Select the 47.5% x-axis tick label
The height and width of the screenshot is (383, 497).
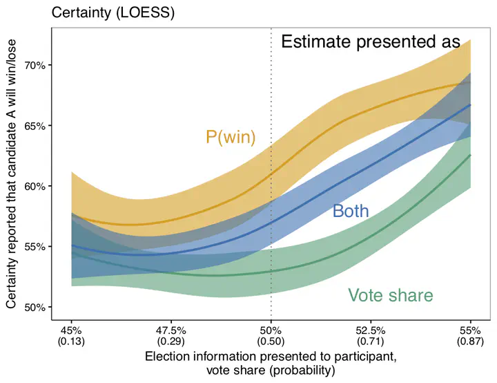pyautogui.click(x=170, y=330)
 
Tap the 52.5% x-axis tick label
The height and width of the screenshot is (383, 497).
pyautogui.click(x=371, y=330)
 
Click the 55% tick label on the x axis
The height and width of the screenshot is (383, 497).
pyautogui.click(x=471, y=330)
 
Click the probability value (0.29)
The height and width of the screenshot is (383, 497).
pyautogui.click(x=170, y=341)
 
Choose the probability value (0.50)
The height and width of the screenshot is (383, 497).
pyautogui.click(x=271, y=341)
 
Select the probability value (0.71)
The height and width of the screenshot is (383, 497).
pyautogui.click(x=371, y=341)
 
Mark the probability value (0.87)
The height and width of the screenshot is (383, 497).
pyautogui.click(x=471, y=341)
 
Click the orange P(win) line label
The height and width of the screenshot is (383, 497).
pyautogui.click(x=231, y=138)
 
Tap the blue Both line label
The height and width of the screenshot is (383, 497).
pyautogui.click(x=351, y=212)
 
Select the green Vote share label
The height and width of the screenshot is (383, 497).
pyautogui.click(x=390, y=296)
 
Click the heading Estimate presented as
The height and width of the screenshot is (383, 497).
pyautogui.click(x=370, y=42)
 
